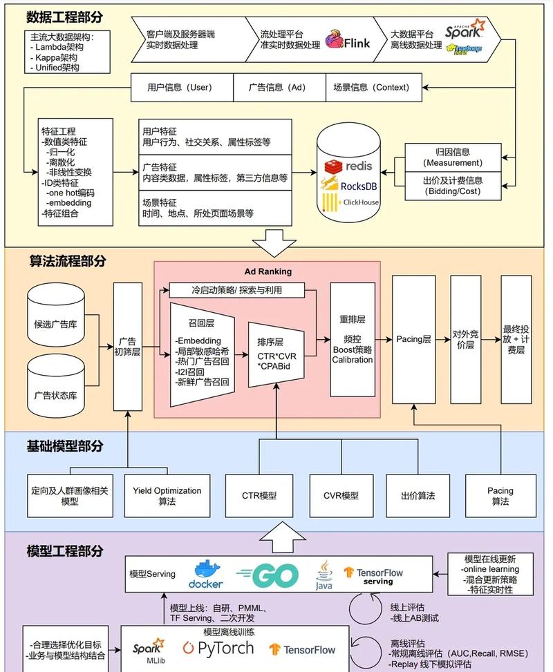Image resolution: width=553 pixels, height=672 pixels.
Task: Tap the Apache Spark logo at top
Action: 465,30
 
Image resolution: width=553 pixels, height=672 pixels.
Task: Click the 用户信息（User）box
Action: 179,88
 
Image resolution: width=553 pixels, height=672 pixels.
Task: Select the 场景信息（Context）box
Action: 371,88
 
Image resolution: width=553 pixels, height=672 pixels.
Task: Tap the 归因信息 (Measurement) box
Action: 453,157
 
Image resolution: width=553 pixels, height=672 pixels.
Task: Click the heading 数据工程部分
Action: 66,17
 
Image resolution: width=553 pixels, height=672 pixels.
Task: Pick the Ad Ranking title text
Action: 268,271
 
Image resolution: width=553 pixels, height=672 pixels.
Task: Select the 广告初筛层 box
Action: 127,346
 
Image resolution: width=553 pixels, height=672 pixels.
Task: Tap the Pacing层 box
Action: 413,339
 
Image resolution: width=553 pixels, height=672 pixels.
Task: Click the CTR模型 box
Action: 259,496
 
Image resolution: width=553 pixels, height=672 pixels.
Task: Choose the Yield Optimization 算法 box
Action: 167,496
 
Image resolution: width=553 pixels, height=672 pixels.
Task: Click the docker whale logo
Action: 207,574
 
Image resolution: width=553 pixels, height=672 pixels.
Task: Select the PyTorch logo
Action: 218,648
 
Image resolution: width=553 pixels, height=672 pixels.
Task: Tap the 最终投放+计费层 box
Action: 516,339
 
